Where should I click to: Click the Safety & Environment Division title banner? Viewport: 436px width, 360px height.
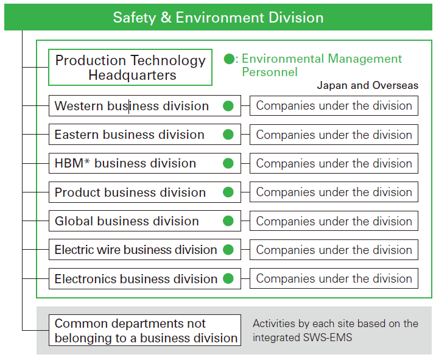pos(218,17)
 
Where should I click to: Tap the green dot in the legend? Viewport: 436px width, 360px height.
pos(229,58)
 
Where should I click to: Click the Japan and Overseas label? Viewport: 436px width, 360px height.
pos(368,85)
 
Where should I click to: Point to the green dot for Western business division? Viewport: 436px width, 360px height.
pos(228,106)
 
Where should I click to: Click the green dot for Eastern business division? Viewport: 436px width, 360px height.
pos(228,135)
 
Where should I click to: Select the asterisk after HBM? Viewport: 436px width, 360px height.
pos(87,161)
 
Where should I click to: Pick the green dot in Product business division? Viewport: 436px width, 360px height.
pos(228,192)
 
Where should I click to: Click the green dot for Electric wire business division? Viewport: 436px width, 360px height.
pos(228,250)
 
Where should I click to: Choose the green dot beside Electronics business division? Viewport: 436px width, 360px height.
pos(228,278)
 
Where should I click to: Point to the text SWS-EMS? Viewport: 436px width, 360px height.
pos(328,337)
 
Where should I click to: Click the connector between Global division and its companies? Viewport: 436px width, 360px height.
pos(245,221)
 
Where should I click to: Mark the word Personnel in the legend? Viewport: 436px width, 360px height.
pos(270,72)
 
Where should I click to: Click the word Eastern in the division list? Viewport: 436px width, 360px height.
pos(77,135)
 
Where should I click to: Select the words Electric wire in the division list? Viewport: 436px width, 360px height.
pos(88,250)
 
